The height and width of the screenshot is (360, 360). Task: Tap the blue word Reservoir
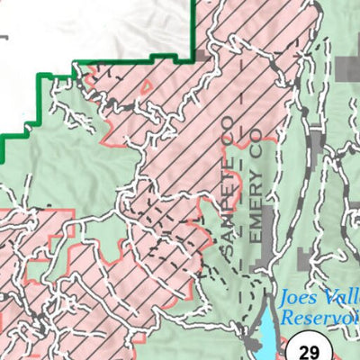click(x=319, y=317)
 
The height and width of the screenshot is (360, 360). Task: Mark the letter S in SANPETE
click(x=230, y=259)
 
